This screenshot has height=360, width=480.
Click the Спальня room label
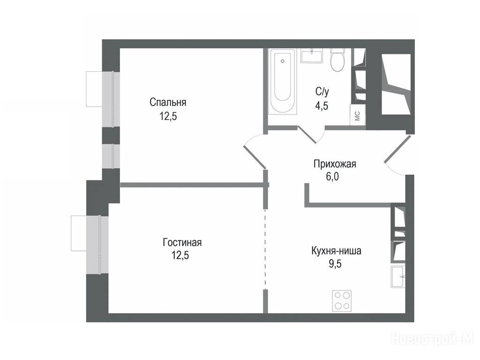168,102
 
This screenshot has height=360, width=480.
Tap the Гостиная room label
182,242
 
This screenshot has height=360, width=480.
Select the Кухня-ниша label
336,251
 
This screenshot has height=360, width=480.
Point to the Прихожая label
335,164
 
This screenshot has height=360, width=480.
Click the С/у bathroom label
322,91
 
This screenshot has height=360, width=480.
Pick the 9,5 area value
335,263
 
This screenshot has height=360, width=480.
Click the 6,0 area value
332,177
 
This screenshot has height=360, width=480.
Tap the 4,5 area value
322,105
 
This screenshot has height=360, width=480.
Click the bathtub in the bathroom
283,82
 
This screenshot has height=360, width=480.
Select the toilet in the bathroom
338,60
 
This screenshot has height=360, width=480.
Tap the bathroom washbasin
312,56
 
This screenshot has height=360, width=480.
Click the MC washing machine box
358,115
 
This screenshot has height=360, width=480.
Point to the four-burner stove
342,301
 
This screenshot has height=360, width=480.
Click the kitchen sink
398,277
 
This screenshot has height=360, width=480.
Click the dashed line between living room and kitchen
265,249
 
